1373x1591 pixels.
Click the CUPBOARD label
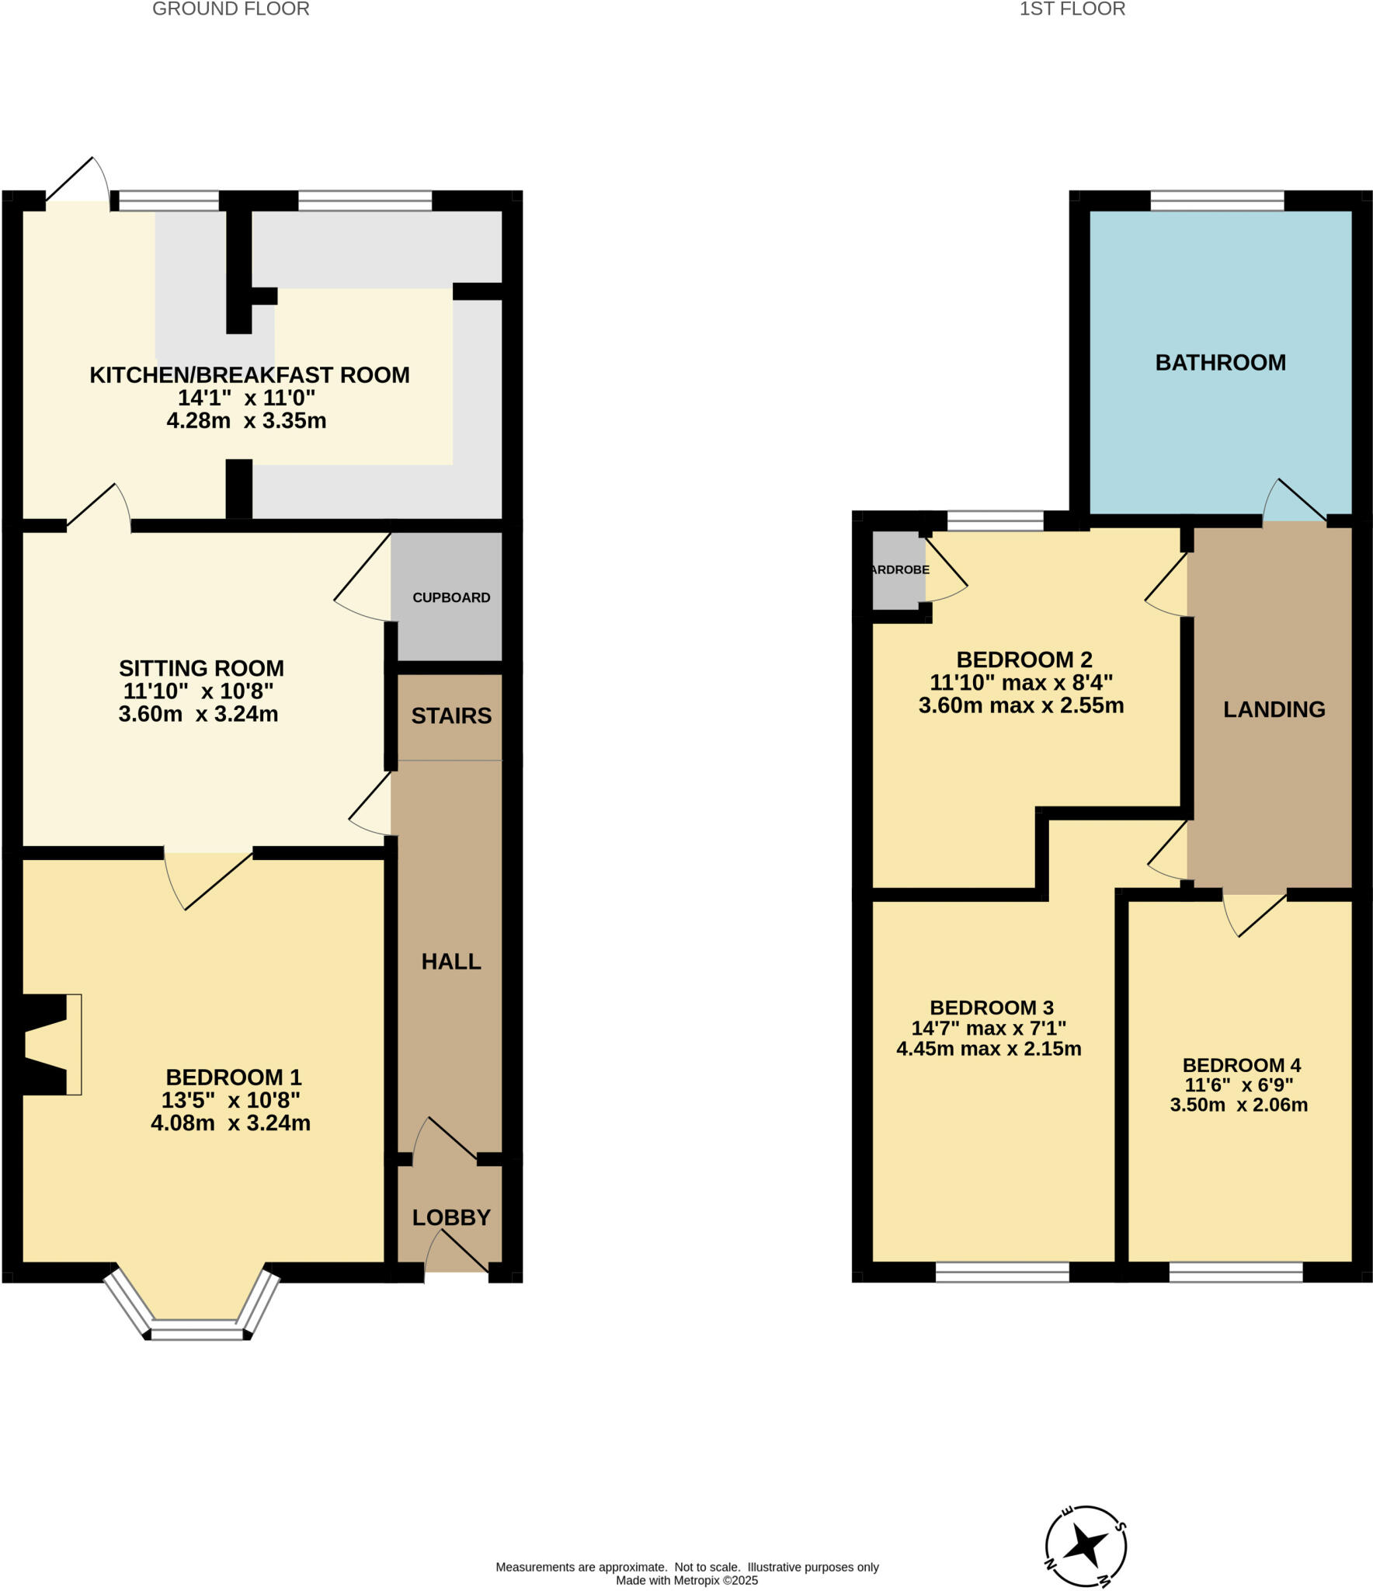tap(451, 597)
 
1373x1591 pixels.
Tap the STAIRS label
tap(451, 715)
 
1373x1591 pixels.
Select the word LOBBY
tap(451, 1217)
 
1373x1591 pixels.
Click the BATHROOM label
tap(1220, 363)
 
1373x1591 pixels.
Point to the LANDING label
tap(1274, 709)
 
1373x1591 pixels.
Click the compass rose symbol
tap(1085, 1545)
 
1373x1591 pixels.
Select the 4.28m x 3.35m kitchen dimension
tap(246, 421)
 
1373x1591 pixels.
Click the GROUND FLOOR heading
tap(231, 9)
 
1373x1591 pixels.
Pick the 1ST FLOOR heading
tap(1072, 9)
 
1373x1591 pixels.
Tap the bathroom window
tap(1216, 201)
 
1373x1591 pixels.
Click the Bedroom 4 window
tap(1236, 1272)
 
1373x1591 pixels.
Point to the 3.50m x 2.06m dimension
tap(1239, 1105)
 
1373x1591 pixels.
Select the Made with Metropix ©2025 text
tap(686, 1580)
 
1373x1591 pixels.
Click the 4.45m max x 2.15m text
tap(989, 1049)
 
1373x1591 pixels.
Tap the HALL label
tap(451, 962)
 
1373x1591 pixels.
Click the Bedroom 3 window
tap(1002, 1272)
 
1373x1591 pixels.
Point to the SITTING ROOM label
tap(201, 668)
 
